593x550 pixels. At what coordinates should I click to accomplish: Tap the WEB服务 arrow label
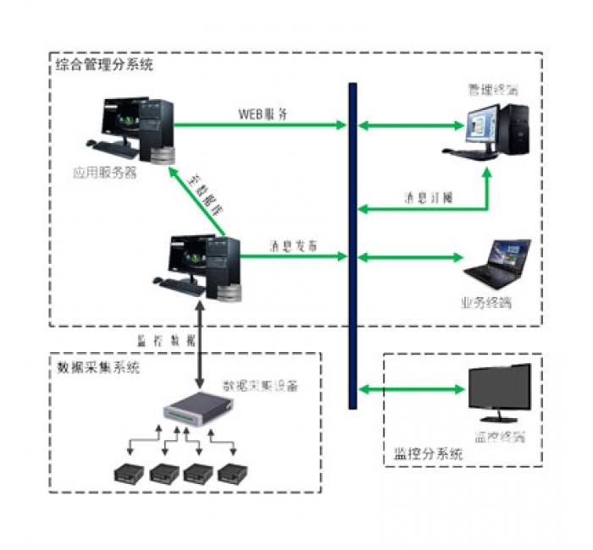263,113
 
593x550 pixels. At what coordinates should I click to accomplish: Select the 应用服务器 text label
105,176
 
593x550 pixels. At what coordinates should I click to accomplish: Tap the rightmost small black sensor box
231,474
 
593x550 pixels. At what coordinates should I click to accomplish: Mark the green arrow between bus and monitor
413,389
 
